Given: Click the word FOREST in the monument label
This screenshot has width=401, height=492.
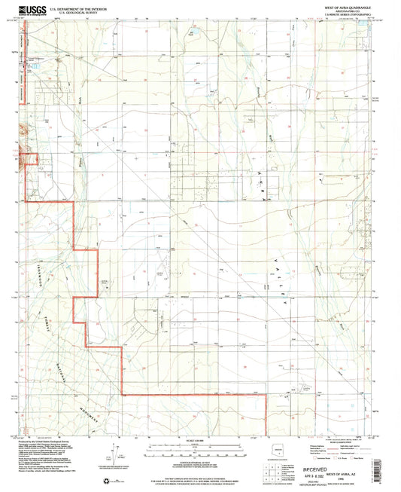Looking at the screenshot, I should point(56,319).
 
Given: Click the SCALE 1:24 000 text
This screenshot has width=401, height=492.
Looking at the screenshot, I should point(196,440).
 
